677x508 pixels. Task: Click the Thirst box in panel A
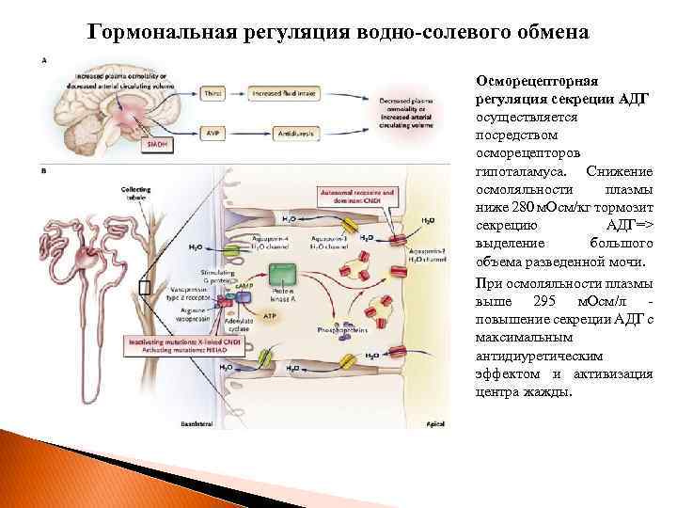pyautogui.click(x=213, y=95)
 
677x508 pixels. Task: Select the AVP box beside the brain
pyautogui.click(x=213, y=134)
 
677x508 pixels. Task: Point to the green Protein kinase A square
pyautogui.click(x=283, y=275)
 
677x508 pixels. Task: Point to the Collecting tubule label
pyautogui.click(x=135, y=193)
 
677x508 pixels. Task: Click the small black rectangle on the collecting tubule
pyautogui.click(x=144, y=286)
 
